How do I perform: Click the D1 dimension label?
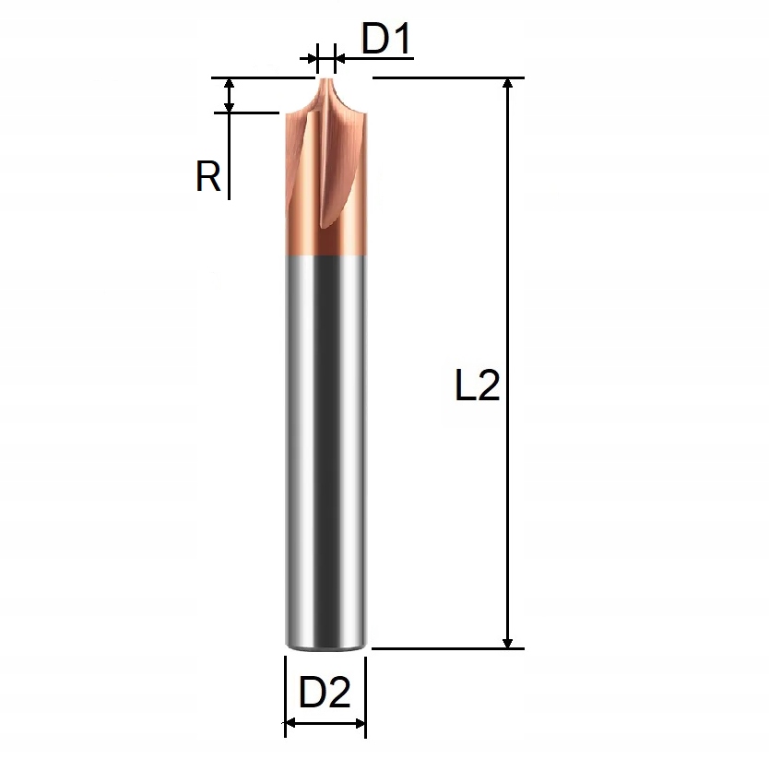(384, 41)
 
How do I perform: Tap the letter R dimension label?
(208, 175)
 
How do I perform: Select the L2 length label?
(478, 386)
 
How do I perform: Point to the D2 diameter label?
(325, 693)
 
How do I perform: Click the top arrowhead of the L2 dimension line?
(507, 86)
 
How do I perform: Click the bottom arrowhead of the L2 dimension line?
(507, 641)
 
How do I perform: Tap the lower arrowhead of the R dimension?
(230, 106)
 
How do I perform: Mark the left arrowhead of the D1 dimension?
(311, 59)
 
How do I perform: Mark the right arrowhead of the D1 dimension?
(339, 59)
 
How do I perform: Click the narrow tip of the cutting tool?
(325, 83)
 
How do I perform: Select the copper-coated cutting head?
(325, 184)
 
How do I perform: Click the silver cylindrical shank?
(325, 443)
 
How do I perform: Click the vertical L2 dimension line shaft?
(507, 277)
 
